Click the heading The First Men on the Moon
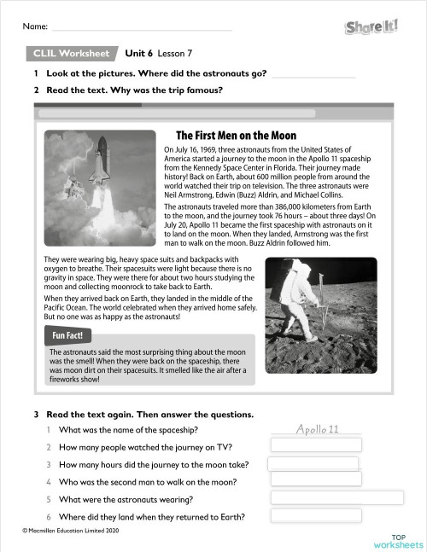point(236,136)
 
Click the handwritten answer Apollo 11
point(317,428)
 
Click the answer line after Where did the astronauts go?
point(312,75)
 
